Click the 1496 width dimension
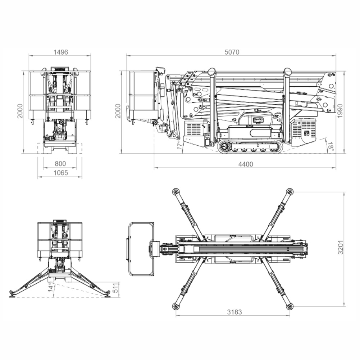(61, 52)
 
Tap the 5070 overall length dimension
(232, 52)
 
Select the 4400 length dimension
(246, 164)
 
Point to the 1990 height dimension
(340, 111)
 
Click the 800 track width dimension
(60, 164)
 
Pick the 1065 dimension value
(61, 173)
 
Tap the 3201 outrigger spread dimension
(341, 247)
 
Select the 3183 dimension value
(234, 312)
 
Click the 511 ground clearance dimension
(116, 288)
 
